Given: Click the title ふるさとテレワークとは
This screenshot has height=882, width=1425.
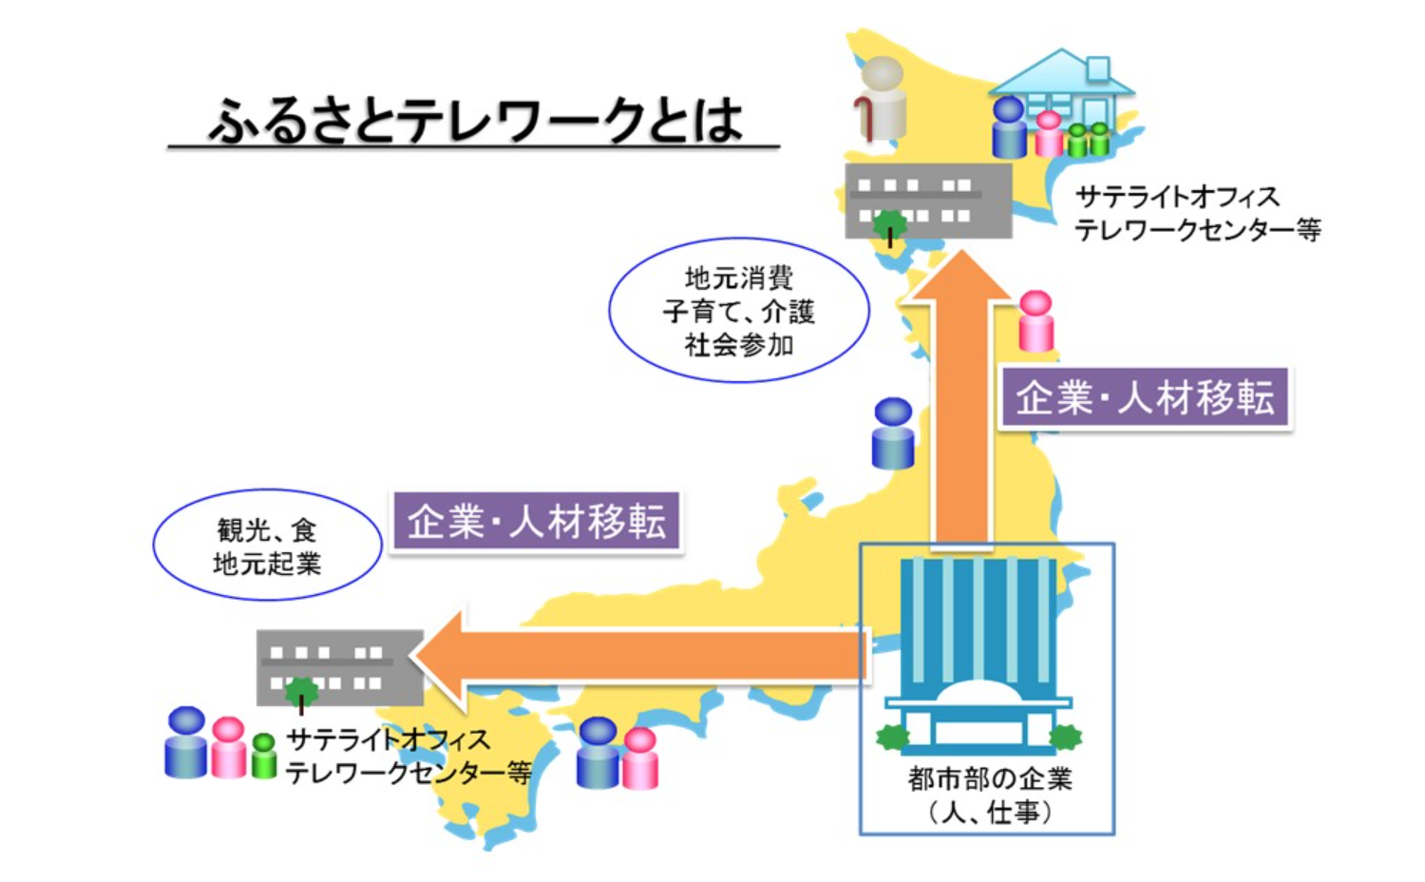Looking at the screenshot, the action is click(x=475, y=120).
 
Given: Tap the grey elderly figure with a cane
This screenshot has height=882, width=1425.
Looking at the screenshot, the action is click(x=881, y=99).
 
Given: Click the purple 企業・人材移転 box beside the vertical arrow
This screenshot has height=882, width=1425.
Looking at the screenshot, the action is click(x=1145, y=398).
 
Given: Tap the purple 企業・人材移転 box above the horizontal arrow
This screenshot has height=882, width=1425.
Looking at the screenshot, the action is click(x=537, y=521).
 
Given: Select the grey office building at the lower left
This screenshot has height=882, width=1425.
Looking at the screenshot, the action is click(x=340, y=667).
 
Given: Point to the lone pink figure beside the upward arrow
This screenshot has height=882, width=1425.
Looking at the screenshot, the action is click(x=1035, y=320).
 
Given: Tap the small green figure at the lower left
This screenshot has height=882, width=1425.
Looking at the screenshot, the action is click(x=263, y=756).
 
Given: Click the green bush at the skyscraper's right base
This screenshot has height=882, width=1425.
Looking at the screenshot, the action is click(x=1065, y=737).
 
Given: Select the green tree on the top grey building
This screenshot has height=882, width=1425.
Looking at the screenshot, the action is click(x=889, y=227).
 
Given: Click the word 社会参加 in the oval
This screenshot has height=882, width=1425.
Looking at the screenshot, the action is click(x=738, y=346).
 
